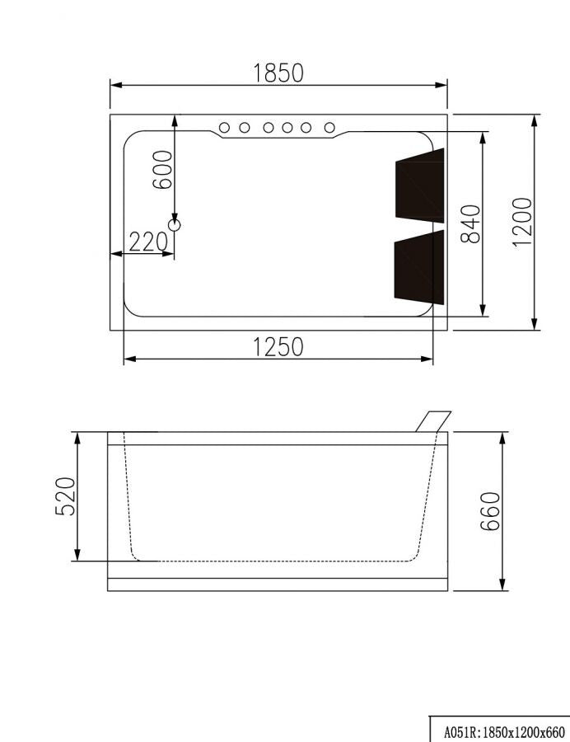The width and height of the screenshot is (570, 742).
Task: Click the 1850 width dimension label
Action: point(278,73)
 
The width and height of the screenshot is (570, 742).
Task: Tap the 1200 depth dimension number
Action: point(521,222)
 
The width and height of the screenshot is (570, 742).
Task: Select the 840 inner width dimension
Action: point(470,223)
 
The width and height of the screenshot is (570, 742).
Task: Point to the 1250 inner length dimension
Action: point(278,347)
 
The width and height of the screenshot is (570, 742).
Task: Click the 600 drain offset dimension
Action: point(163,169)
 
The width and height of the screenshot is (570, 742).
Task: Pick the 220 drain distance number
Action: point(148,242)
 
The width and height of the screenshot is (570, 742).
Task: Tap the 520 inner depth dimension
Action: point(66,495)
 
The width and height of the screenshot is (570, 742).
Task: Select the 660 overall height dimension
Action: point(490,511)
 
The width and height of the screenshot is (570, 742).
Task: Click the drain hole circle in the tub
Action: point(174,223)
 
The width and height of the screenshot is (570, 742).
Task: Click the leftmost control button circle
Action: point(224,128)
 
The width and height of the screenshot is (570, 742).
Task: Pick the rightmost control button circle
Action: point(329,128)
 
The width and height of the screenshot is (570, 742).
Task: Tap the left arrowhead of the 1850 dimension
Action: point(115,85)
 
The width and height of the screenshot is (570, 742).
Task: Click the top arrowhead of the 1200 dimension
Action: point(535,120)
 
